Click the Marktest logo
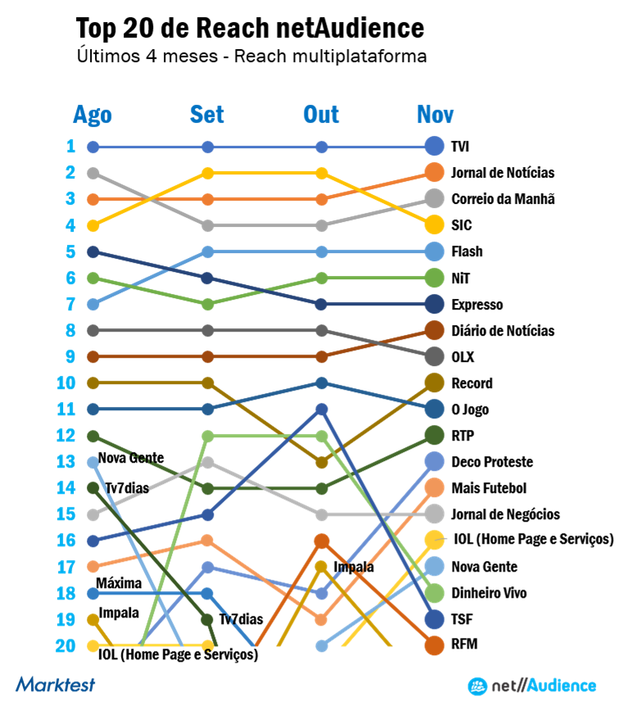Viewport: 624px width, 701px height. point(55,684)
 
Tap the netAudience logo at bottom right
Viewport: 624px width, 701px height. point(531,685)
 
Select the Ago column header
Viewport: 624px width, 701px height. point(93,115)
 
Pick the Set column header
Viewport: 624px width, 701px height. point(207,115)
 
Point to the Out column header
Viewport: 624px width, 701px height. point(321,115)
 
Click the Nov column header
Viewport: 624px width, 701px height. point(435,115)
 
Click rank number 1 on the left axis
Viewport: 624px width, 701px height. point(70,147)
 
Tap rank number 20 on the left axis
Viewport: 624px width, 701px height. point(66,645)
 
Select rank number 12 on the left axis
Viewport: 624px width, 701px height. point(66,436)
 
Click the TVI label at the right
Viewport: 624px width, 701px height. point(459,147)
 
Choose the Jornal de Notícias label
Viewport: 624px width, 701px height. point(502,174)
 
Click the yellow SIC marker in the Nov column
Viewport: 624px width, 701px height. point(435,225)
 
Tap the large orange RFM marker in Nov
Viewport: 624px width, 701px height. point(435,645)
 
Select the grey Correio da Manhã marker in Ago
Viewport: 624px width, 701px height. point(93,173)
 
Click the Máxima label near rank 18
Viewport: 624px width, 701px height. point(119,583)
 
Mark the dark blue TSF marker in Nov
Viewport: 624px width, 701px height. point(435,619)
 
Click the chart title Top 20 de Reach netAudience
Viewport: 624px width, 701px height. point(250,29)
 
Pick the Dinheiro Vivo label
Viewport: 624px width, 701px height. point(489,593)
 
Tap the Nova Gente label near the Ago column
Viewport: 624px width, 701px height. point(130,458)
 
